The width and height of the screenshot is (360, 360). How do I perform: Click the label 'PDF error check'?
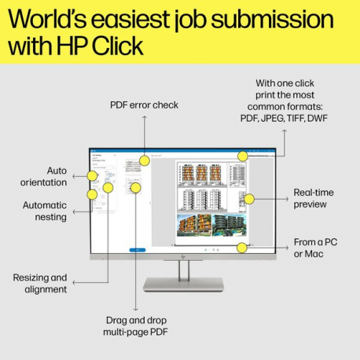[144, 104]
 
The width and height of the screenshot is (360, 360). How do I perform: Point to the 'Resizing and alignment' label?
[40, 283]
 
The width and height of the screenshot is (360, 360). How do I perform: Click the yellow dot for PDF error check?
[145, 160]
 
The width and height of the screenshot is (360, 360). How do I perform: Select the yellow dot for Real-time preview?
[249, 199]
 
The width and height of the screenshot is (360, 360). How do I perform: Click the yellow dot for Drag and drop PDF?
[135, 188]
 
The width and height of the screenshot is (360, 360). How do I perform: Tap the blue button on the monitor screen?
[138, 249]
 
